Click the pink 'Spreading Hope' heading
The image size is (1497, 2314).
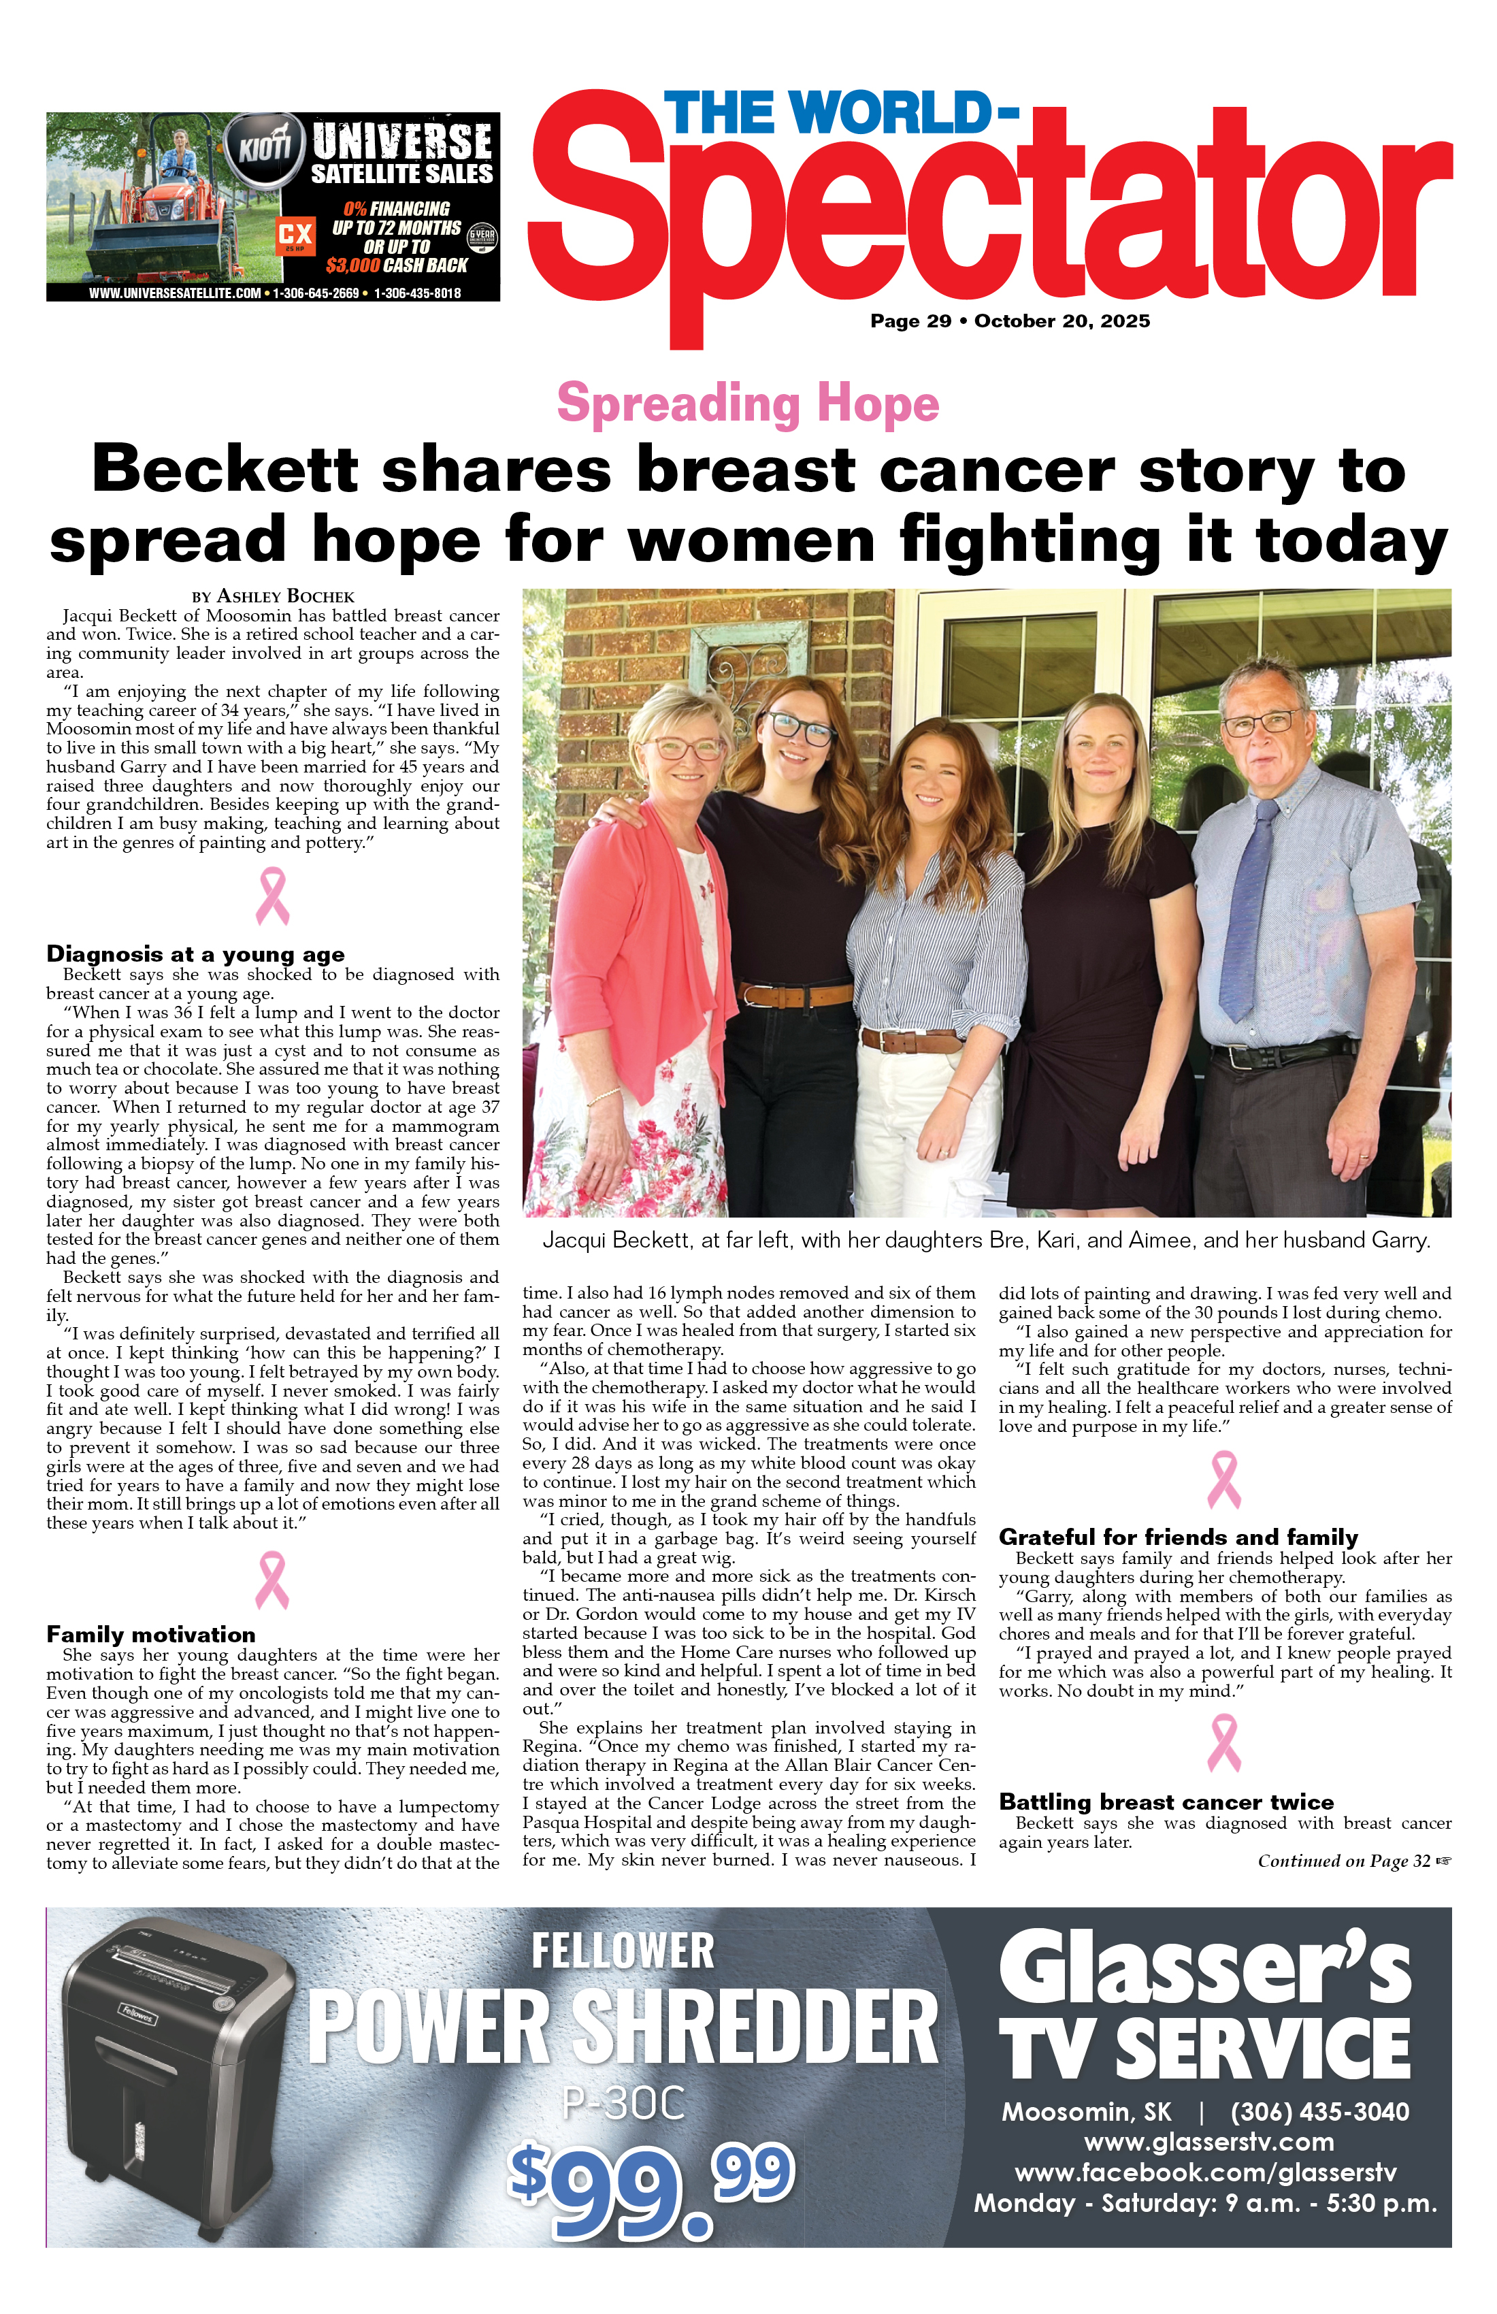pos(748,404)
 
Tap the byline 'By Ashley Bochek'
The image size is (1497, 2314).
pos(273,596)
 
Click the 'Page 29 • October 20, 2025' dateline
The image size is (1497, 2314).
pos(1009,321)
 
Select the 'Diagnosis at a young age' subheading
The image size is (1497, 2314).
pos(195,954)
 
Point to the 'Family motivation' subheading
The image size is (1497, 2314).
pos(150,1634)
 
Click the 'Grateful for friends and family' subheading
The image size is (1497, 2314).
pos(1177,1537)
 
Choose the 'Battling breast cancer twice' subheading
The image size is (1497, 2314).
pos(1166,1802)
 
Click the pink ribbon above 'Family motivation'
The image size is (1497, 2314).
pos(272,1579)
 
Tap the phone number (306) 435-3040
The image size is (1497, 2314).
pos(1319,2112)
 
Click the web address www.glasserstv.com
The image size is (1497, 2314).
pos(1208,2142)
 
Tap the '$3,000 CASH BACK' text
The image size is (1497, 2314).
pos(397,265)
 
